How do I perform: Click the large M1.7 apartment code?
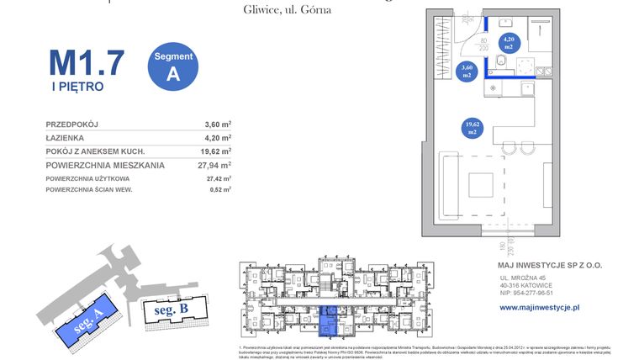(x=87, y=62)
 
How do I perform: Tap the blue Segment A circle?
(x=173, y=66)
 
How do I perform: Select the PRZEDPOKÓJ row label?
(x=71, y=124)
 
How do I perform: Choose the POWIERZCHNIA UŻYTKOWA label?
(x=87, y=178)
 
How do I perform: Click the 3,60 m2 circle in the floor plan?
(x=467, y=71)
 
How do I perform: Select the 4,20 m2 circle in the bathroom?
(x=509, y=43)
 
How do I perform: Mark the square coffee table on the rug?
(x=480, y=184)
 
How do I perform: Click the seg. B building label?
(x=171, y=310)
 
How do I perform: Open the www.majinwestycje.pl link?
(x=540, y=308)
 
